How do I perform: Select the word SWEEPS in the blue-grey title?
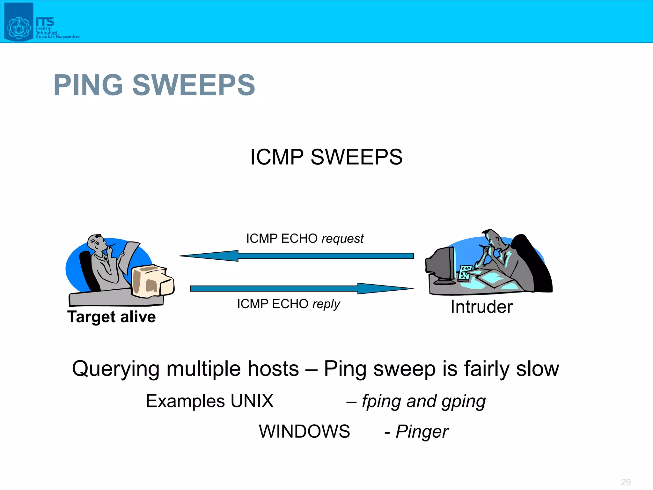click(x=194, y=85)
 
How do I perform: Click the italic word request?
click(x=342, y=239)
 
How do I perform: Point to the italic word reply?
click(x=326, y=304)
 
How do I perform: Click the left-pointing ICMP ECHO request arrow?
click(x=296, y=256)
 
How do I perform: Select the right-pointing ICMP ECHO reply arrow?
click(x=302, y=288)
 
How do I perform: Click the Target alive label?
click(x=111, y=317)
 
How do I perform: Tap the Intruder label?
click(x=481, y=307)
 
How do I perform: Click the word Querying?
click(x=115, y=369)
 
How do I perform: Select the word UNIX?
click(x=252, y=401)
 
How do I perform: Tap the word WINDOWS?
click(x=304, y=431)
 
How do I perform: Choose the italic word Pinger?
click(x=422, y=432)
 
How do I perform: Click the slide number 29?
click(x=626, y=482)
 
